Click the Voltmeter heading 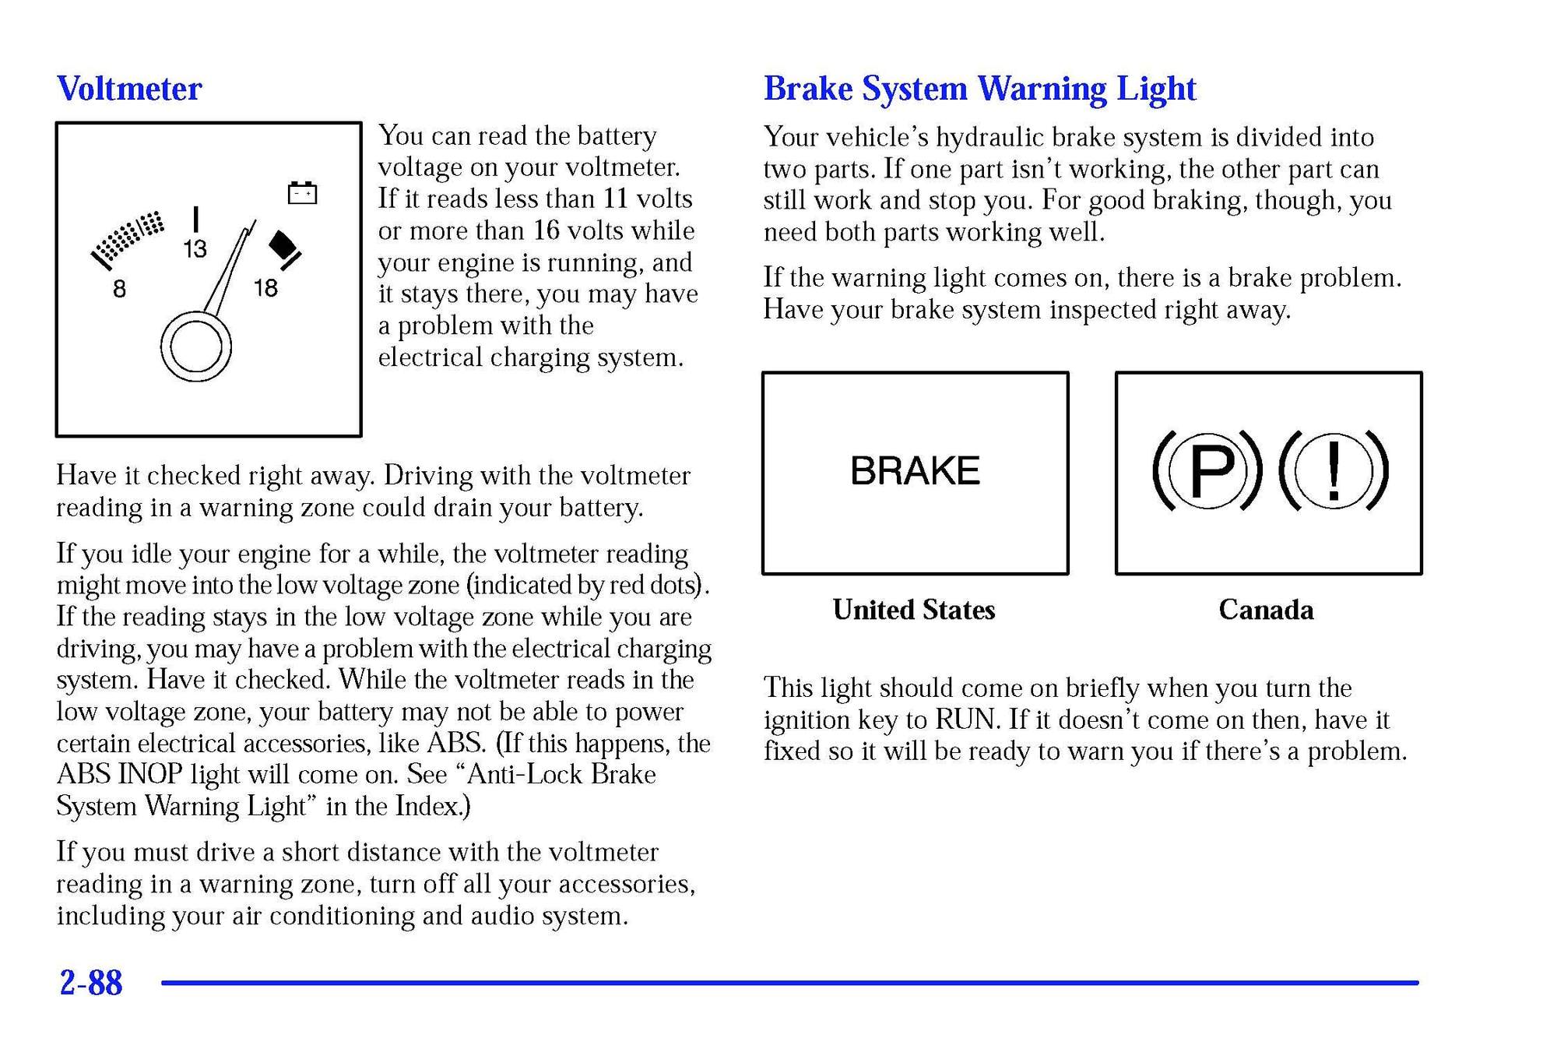coord(129,89)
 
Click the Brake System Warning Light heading coord(979,89)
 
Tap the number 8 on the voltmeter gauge coord(119,290)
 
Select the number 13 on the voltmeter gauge coord(195,249)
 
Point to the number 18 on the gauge coord(265,288)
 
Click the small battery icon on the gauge coord(302,192)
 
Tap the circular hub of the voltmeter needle coord(195,347)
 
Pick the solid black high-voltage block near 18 coord(283,245)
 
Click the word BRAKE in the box coord(915,471)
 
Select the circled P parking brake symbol coord(1207,470)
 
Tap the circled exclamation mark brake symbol coord(1334,470)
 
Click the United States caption coord(913,610)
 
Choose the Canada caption coord(1266,610)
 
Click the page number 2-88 coord(91,983)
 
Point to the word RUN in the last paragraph coord(965,720)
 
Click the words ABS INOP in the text coord(119,775)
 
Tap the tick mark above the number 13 coord(195,219)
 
